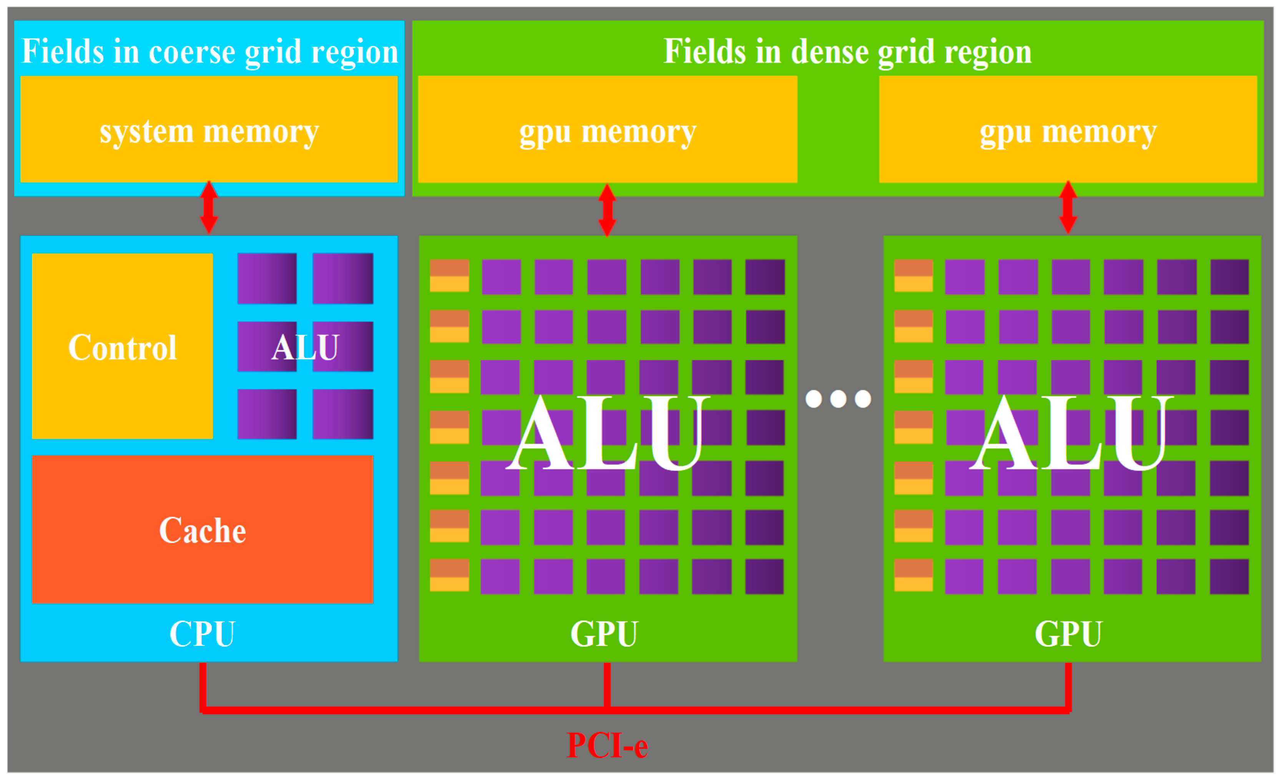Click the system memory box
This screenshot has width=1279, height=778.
pos(209,129)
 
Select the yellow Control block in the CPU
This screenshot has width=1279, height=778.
pos(123,346)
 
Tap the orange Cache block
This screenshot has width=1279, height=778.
pos(203,529)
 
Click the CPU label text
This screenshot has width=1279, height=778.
pos(203,634)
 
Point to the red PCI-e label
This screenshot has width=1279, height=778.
pos(607,746)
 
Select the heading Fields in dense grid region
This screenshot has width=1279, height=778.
pos(848,52)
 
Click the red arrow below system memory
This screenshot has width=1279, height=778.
pos(209,207)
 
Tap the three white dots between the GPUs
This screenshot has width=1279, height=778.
pos(838,399)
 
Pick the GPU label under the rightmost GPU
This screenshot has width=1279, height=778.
pos(1068,634)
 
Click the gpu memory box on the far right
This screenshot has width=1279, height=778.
pos(1068,129)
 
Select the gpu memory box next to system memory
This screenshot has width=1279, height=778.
pos(607,129)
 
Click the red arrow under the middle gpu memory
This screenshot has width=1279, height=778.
pos(607,210)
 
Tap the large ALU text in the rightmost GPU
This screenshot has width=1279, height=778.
pos(1071,433)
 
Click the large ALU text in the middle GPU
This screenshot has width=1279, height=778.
pos(607,433)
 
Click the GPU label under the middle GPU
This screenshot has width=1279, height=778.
pos(604,634)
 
